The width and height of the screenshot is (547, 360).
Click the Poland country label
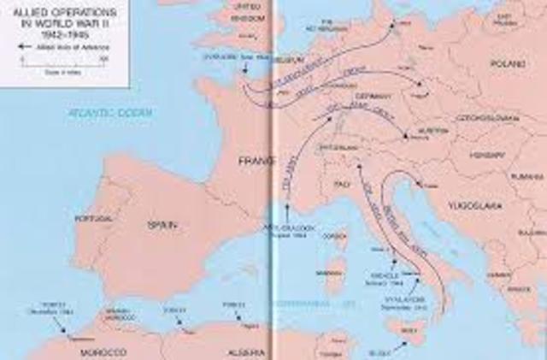pos(503,64)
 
